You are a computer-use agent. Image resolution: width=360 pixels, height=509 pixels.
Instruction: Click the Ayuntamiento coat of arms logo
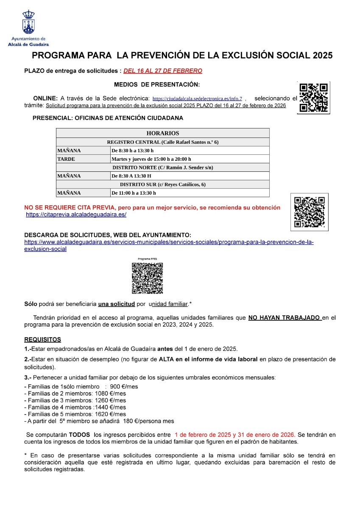click(x=28, y=23)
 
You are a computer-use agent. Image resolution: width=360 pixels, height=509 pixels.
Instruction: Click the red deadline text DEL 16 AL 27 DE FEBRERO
click(x=162, y=71)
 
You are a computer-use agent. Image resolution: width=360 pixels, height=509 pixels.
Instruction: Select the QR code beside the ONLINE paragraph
click(x=314, y=98)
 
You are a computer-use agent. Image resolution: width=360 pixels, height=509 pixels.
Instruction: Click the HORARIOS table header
click(x=162, y=133)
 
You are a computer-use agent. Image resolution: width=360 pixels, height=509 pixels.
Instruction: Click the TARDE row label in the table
click(x=66, y=159)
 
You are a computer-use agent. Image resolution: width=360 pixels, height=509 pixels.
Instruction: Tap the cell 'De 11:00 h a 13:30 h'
click(x=134, y=193)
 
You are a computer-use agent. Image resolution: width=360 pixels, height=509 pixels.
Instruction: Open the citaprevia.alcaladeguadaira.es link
click(x=76, y=215)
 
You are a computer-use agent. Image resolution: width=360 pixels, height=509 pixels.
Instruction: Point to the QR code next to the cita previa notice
click(x=309, y=212)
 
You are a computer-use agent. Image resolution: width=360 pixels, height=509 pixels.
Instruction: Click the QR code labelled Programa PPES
click(x=147, y=278)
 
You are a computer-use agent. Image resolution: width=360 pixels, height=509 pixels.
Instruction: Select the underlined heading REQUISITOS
click(x=42, y=340)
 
